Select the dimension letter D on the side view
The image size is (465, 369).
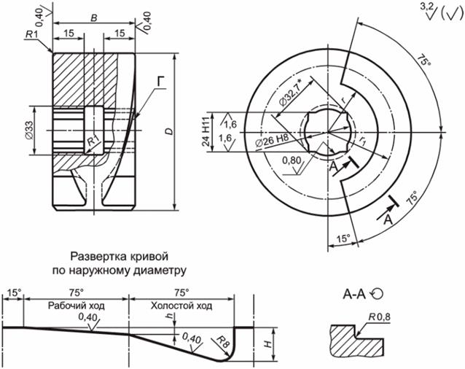point(168,131)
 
